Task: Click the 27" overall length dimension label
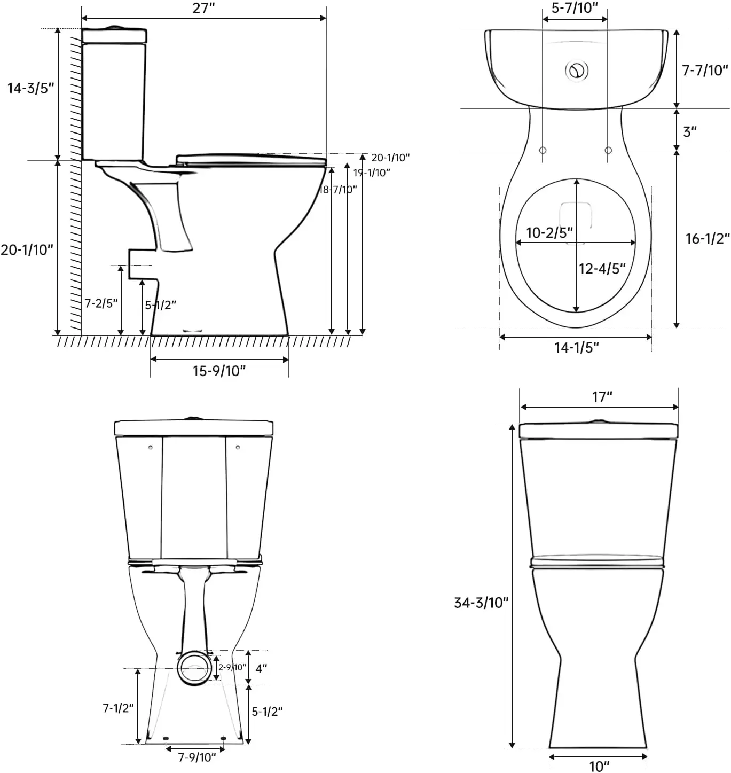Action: (203, 8)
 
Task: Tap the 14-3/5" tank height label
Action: (30, 88)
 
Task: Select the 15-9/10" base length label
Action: (219, 371)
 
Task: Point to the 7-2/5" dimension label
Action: (101, 303)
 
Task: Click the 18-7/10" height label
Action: (338, 190)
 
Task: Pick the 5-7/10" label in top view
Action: (575, 8)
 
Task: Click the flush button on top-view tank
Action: (577, 71)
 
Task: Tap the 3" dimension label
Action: (690, 131)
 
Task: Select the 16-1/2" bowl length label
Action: (708, 239)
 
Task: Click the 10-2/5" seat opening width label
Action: (549, 233)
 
